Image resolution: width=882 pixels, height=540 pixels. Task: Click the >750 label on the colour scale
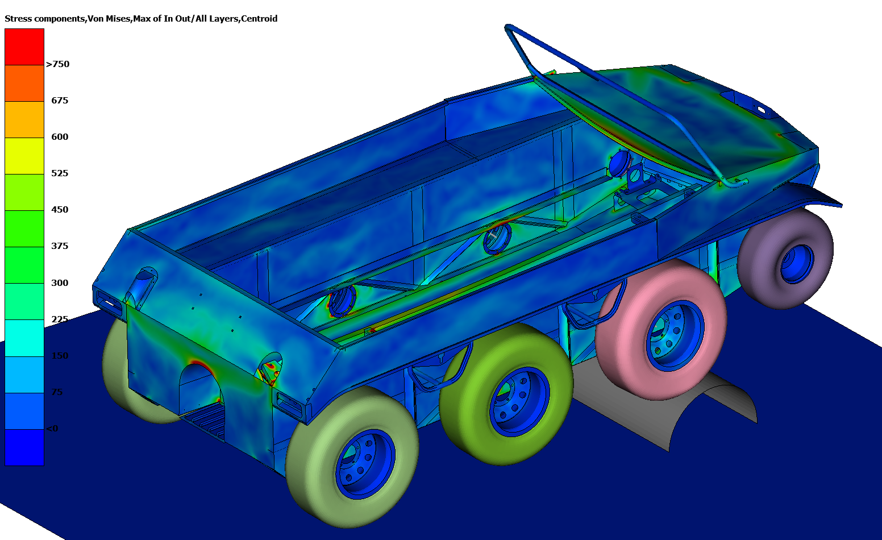(57, 64)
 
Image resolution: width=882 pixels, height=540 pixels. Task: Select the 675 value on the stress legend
(60, 101)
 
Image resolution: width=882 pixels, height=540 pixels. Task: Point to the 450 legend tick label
(60, 210)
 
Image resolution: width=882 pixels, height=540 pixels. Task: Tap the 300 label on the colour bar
(60, 283)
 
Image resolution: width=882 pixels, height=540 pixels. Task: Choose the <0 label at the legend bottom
(52, 429)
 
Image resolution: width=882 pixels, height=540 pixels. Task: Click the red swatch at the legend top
(24, 47)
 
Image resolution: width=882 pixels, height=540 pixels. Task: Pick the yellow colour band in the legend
(24, 156)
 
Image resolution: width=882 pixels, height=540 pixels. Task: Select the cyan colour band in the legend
(24, 338)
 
